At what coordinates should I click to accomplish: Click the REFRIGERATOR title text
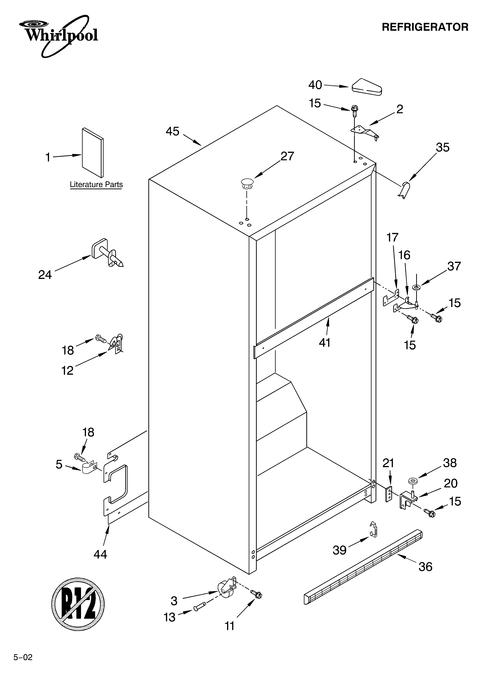(425, 27)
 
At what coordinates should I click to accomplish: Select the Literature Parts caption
(96, 185)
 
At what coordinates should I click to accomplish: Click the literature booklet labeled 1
(93, 152)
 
